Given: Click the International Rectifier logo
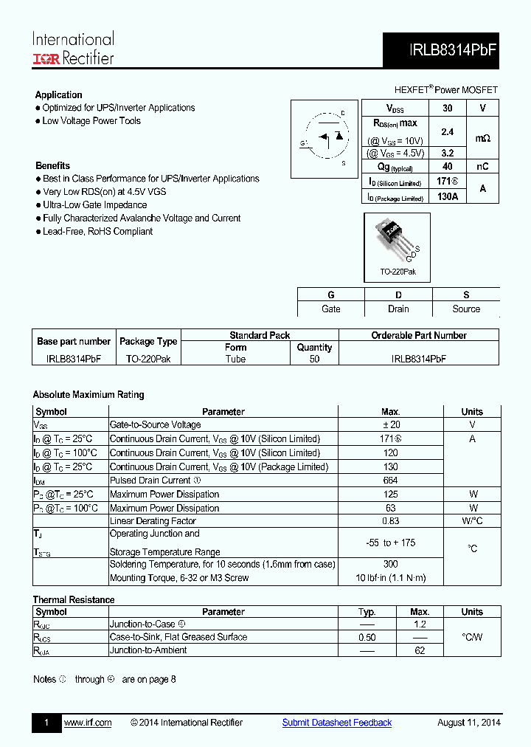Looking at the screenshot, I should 73,48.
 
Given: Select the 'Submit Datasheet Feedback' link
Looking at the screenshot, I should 337,723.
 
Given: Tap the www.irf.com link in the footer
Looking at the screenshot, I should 88,723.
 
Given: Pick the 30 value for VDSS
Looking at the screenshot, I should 447,108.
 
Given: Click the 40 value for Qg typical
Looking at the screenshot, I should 447,167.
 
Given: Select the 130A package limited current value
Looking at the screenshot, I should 447,196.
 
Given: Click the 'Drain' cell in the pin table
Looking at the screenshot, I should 398,309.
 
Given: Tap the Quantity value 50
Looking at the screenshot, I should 315,359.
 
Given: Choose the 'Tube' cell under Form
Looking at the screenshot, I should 235,359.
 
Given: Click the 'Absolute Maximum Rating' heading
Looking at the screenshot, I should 88,394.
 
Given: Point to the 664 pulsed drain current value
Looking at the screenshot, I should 390,481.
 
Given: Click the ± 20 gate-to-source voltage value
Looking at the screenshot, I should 390,424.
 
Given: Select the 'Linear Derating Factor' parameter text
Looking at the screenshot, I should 153,521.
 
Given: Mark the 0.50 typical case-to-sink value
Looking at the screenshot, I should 367,637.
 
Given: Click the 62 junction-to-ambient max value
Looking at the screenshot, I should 420,650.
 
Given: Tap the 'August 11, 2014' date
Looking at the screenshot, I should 468,723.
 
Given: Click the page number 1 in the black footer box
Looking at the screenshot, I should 46,723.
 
